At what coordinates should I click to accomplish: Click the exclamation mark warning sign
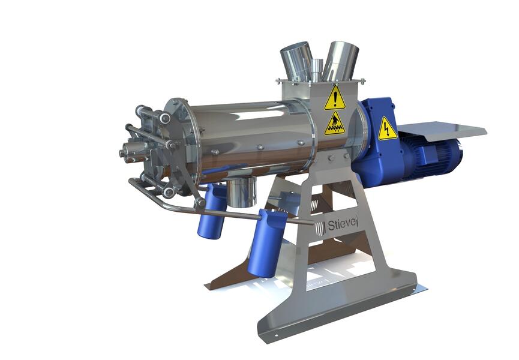(x=335, y=98)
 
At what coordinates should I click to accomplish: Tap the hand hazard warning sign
(x=335, y=124)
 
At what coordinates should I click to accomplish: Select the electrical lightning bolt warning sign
(x=387, y=128)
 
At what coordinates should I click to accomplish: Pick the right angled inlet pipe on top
(x=340, y=61)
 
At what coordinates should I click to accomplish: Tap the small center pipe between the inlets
(x=317, y=70)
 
